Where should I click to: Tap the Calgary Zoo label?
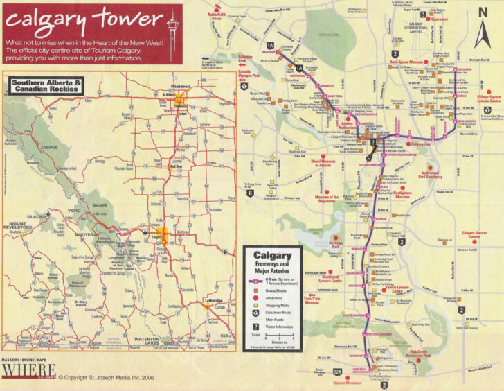tap(420, 144)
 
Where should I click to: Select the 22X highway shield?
tap(337, 372)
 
